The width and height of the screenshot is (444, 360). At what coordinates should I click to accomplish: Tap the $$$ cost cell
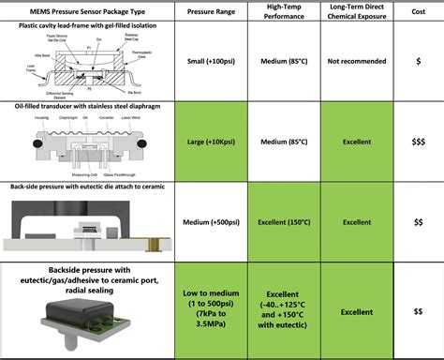pyautogui.click(x=419, y=142)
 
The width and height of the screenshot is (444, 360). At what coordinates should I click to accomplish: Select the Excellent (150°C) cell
pyautogui.click(x=285, y=222)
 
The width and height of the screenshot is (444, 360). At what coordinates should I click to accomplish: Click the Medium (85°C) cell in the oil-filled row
pyautogui.click(x=285, y=142)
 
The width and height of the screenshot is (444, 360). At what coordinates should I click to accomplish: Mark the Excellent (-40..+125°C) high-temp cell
pyautogui.click(x=285, y=311)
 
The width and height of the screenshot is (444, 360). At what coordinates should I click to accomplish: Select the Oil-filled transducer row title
pyautogui.click(x=89, y=107)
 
